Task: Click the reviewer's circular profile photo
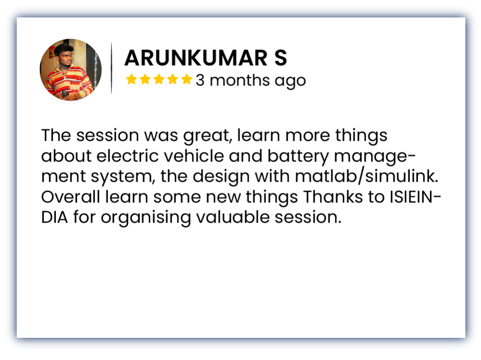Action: click(x=70, y=69)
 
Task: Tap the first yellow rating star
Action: click(x=131, y=79)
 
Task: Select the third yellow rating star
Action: click(x=159, y=79)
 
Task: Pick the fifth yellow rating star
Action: click(x=187, y=79)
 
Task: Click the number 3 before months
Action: click(x=200, y=80)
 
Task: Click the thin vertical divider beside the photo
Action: click(x=111, y=68)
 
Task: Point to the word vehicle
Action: click(x=195, y=156)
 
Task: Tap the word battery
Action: click(x=298, y=157)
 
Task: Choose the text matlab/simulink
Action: click(x=367, y=176)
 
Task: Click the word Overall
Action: click(x=70, y=197)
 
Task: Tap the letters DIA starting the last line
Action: click(x=54, y=217)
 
